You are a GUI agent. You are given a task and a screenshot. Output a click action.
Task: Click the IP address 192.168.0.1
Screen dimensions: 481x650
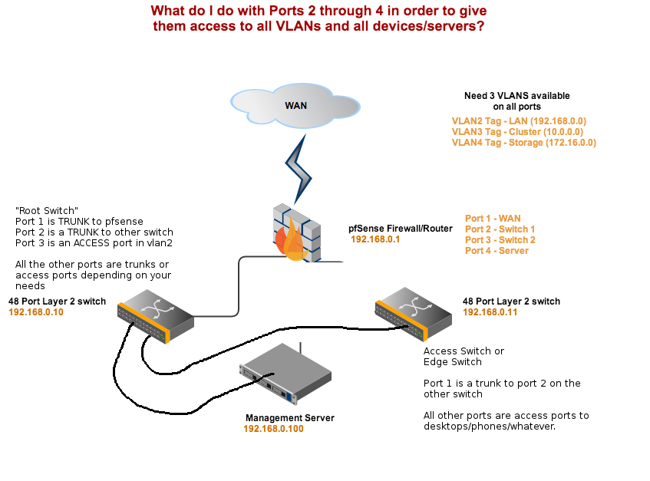pyautogui.click(x=375, y=239)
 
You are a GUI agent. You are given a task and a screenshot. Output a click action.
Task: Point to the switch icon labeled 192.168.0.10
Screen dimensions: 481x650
pyautogui.click(x=154, y=310)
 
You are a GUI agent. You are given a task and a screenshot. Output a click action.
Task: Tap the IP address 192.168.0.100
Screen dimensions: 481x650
pyautogui.click(x=273, y=429)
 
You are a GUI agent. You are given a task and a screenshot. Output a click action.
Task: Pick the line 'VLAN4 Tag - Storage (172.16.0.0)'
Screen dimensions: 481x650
pyautogui.click(x=523, y=143)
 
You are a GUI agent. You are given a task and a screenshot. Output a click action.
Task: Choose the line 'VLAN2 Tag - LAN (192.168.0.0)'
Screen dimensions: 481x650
pyautogui.click(x=519, y=121)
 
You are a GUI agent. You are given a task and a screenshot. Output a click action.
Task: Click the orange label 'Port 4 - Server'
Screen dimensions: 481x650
pyautogui.click(x=497, y=251)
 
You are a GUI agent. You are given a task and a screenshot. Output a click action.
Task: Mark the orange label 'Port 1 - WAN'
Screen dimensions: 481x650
pyautogui.click(x=493, y=219)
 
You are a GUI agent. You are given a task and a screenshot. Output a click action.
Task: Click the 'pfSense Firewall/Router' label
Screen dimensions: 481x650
pyautogui.click(x=400, y=229)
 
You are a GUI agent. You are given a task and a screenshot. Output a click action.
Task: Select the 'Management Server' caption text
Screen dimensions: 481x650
pyautogui.click(x=289, y=418)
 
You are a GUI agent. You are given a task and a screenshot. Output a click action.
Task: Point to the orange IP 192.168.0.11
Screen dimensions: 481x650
pyautogui.click(x=490, y=312)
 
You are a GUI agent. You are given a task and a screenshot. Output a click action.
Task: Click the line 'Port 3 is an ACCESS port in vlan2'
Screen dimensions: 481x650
pyautogui.click(x=94, y=243)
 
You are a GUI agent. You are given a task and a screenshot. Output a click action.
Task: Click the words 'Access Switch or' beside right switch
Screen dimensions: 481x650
pyautogui.click(x=464, y=351)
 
